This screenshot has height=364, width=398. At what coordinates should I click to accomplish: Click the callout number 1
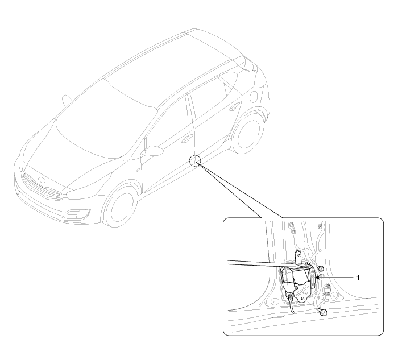(x=358, y=278)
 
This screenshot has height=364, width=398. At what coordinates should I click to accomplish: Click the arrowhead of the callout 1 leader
(x=317, y=278)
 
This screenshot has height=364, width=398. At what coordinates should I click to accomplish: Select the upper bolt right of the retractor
(x=321, y=268)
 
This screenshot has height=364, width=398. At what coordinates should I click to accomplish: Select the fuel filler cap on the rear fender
(x=254, y=96)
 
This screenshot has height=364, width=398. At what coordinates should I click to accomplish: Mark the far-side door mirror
(x=67, y=101)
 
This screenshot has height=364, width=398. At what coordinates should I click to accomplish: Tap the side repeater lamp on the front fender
(x=138, y=170)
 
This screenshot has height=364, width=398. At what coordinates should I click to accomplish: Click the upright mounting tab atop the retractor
(x=297, y=258)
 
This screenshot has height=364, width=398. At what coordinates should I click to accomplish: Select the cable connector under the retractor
(x=291, y=297)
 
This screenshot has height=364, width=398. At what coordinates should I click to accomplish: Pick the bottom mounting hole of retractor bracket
(x=303, y=299)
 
